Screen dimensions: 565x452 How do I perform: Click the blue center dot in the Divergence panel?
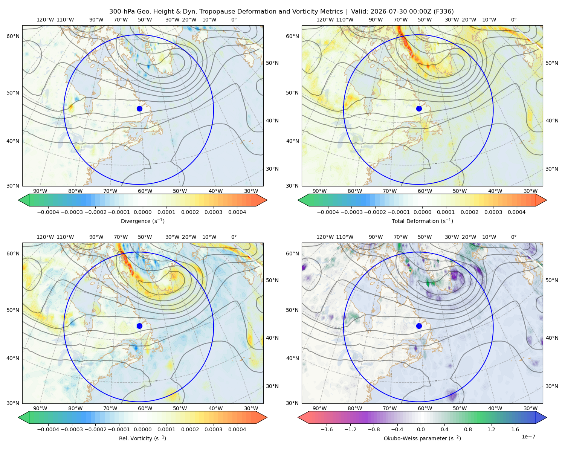click(x=139, y=109)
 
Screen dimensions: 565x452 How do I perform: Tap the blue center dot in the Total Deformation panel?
click(x=419, y=109)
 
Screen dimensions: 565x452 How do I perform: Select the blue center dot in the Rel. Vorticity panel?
click(x=139, y=326)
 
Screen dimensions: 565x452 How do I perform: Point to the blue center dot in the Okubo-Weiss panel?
click(x=419, y=326)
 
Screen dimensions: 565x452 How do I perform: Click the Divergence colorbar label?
click(x=142, y=221)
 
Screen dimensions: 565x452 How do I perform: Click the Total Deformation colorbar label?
click(x=422, y=221)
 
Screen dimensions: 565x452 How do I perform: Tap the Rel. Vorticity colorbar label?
click(x=142, y=438)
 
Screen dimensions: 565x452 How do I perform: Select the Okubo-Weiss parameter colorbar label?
click(x=422, y=438)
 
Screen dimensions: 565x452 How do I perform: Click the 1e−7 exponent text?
click(x=528, y=437)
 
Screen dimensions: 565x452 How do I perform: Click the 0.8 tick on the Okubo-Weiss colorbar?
click(x=467, y=429)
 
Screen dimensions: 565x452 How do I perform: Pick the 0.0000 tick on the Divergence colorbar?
click(x=142, y=212)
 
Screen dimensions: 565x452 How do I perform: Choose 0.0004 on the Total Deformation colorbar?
click(x=516, y=212)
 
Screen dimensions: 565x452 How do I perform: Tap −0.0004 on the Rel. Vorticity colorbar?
click(x=48, y=429)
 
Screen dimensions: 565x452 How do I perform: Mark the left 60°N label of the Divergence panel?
click(x=13, y=36)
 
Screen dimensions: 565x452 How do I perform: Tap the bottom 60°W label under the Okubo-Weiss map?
click(x=425, y=408)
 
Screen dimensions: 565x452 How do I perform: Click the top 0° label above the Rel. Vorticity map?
click(x=234, y=237)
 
